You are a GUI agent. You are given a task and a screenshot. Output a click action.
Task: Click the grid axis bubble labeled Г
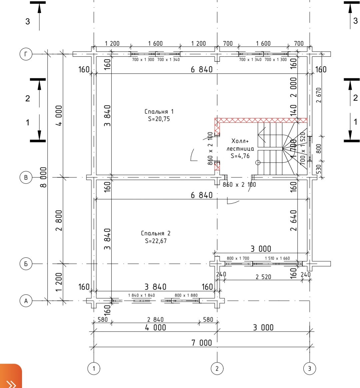[x=26, y=54]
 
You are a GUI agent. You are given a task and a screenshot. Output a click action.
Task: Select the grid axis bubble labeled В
[x=26, y=177]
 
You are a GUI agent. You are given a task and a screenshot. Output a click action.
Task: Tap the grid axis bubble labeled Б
[x=26, y=264]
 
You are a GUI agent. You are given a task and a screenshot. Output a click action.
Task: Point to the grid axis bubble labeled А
[x=26, y=301]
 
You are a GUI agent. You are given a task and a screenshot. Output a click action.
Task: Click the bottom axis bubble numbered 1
[x=94, y=368]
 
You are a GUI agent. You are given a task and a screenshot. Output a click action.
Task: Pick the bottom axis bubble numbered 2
[x=217, y=368]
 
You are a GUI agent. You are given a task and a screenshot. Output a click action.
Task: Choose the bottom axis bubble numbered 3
[x=310, y=368]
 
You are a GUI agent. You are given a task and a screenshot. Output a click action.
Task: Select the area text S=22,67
[x=156, y=241]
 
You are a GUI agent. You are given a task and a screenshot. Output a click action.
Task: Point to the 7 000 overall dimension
[x=201, y=343]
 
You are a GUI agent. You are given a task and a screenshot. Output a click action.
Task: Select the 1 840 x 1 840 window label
[x=141, y=295]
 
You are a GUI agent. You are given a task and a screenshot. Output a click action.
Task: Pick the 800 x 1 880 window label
[x=186, y=295]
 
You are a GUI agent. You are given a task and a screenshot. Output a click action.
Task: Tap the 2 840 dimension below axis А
[x=156, y=319]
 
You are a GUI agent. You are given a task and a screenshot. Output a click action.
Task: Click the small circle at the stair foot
[x=257, y=163]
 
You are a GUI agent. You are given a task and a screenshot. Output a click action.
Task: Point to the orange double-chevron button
[x=11, y=377]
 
